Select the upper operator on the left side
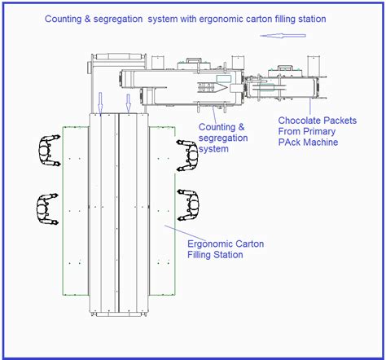pyautogui.click(x=45, y=151)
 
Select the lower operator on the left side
pyautogui.click(x=45, y=209)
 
